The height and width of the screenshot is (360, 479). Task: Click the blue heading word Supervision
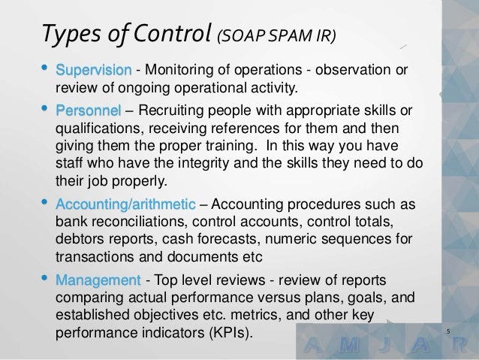[95, 71]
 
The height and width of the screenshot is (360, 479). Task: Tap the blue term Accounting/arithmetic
[126, 205]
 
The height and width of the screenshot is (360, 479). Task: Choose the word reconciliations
[143, 222]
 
